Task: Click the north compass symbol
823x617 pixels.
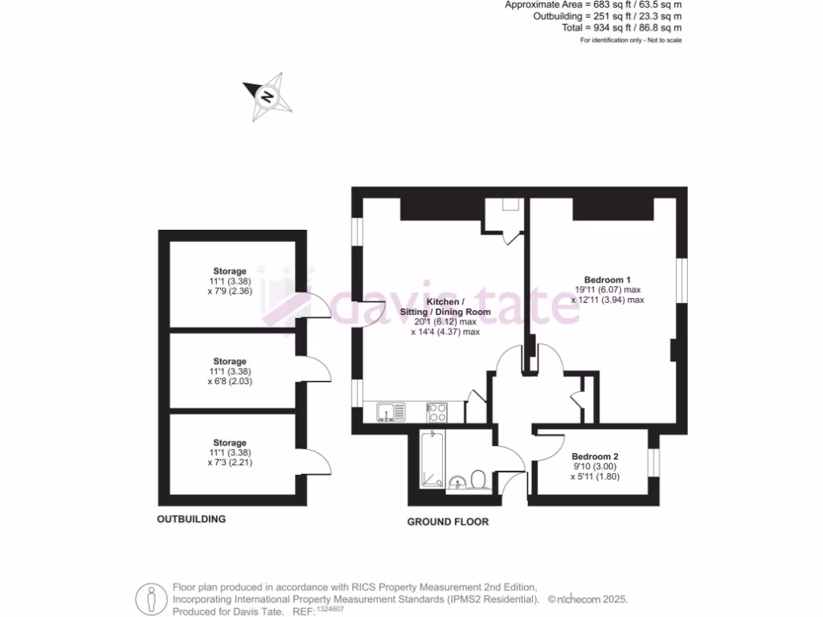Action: (x=268, y=97)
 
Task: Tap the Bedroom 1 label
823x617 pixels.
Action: (x=607, y=279)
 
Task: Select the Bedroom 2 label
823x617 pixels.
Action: (x=595, y=456)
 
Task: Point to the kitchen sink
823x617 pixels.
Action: (x=391, y=412)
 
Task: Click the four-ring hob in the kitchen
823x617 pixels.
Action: (x=437, y=412)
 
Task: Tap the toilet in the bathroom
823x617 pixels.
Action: (x=478, y=479)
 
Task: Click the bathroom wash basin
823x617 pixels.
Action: (x=456, y=481)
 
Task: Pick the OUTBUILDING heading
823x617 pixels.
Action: (x=191, y=519)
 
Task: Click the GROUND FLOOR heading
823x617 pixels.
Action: (x=448, y=521)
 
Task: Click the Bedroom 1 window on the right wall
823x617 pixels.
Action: (x=682, y=280)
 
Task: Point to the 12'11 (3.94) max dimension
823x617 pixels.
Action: (x=608, y=300)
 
